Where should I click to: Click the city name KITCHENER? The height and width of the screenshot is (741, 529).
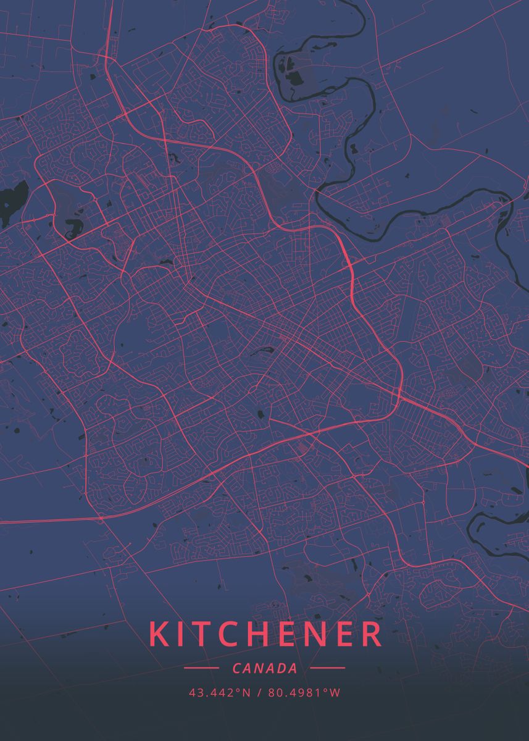pos(265,634)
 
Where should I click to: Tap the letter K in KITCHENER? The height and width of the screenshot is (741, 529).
pos(158,634)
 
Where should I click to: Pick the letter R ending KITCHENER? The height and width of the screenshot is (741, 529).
pos(371,634)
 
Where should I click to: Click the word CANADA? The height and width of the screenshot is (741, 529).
pos(265,668)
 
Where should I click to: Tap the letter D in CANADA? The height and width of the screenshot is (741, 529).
pos(281,668)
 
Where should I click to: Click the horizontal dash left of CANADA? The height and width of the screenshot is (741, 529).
pos(201,668)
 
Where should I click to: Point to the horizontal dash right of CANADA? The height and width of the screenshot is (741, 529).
pos(328,668)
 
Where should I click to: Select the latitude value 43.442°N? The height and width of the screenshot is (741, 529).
pos(220,693)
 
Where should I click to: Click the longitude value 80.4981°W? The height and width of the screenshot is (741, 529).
pos(304,693)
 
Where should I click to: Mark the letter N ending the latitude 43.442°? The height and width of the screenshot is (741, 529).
pos(246,693)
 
